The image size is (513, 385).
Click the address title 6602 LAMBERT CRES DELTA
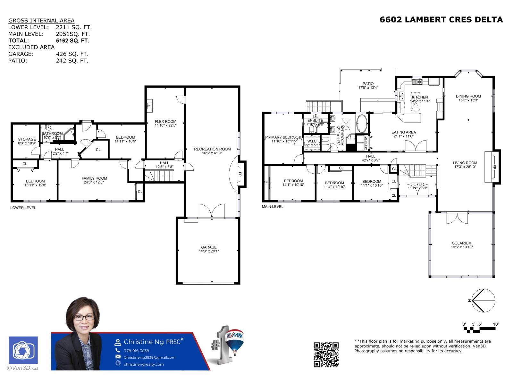click(x=441, y=20)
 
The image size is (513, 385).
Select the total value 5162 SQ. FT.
click(x=72, y=41)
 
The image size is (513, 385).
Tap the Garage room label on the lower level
click(x=209, y=247)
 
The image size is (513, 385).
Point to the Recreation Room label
click(x=212, y=149)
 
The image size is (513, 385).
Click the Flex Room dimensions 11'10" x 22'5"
click(x=165, y=125)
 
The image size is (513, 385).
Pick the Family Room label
click(x=94, y=178)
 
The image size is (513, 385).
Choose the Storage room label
click(x=27, y=140)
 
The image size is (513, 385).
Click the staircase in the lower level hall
click(x=159, y=175)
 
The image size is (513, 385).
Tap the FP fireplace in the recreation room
click(x=240, y=174)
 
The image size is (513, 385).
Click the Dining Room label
click(x=468, y=96)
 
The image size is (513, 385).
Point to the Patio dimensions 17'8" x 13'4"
click(x=368, y=88)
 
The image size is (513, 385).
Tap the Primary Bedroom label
click(x=283, y=137)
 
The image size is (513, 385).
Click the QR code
click(x=326, y=354)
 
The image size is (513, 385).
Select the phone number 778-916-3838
click(x=136, y=351)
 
